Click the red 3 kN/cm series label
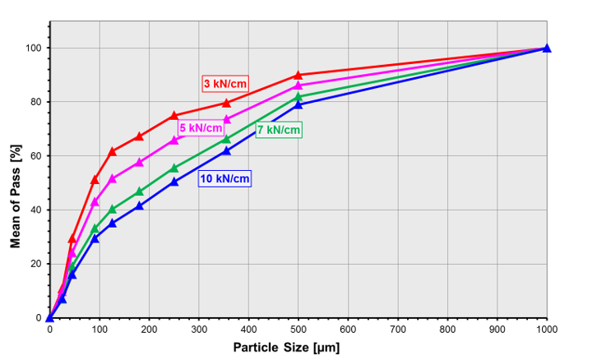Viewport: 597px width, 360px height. [225, 83]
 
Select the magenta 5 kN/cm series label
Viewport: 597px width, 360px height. [201, 127]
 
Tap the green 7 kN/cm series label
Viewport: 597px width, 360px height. [279, 130]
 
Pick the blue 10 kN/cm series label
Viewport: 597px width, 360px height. [224, 178]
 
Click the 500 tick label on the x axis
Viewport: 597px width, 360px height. [298, 330]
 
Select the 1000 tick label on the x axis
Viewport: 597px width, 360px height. [547, 330]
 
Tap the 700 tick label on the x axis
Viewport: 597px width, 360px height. [398, 330]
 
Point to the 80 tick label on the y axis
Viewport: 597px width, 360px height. [35, 102]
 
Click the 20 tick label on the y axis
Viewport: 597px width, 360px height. [35, 264]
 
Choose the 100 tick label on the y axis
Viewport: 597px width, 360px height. [33, 48]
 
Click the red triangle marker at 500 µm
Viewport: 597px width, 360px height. [298, 75]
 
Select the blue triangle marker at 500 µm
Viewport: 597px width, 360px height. [298, 104]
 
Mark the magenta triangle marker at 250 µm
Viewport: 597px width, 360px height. [174, 140]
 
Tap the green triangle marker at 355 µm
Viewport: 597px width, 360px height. [226, 139]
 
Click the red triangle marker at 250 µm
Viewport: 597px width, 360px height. [174, 115]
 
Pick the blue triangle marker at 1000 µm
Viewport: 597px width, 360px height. [547, 48]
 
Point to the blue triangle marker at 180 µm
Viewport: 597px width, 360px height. [139, 205]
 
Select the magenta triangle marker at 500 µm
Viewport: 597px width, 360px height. [298, 85]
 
